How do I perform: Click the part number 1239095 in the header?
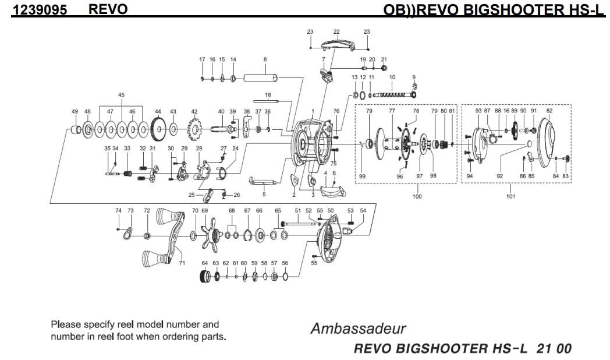[x=40, y=9]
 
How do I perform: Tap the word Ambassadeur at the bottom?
[x=358, y=329]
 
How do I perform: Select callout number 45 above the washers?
[x=122, y=95]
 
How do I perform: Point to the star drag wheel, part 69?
[x=211, y=236]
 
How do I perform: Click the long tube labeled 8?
[x=261, y=78]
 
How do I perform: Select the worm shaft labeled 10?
[x=392, y=94]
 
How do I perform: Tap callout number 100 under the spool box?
[x=417, y=196]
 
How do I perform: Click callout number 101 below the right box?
[x=510, y=196]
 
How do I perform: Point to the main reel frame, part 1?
[x=308, y=144]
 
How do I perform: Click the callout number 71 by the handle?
[x=182, y=263]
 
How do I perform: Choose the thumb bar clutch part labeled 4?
[x=332, y=190]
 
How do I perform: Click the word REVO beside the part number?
[x=108, y=9]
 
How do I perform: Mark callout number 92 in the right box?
[x=499, y=176]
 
